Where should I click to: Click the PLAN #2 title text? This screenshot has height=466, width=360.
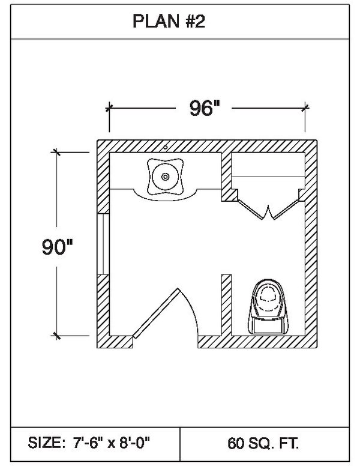[x=169, y=22]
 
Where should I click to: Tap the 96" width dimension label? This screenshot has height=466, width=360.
[x=205, y=108]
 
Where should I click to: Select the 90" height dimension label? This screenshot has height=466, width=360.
[x=58, y=247]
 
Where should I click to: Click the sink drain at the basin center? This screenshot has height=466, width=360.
[x=165, y=177]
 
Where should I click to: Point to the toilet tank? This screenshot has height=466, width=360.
[x=268, y=326]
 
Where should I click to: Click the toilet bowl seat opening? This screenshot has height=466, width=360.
[x=268, y=295]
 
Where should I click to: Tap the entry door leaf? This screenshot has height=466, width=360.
[x=156, y=313]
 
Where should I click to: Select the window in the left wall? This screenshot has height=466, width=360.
[x=103, y=244]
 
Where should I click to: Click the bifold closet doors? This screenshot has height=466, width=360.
[x=268, y=210]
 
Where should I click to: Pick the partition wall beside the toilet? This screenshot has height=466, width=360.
[x=226, y=305]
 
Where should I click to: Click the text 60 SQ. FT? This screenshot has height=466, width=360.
[x=263, y=443]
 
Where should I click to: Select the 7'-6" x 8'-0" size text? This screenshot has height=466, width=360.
[x=112, y=443]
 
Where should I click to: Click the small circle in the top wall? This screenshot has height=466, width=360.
[x=166, y=147]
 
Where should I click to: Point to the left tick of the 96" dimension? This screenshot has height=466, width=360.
[x=109, y=108]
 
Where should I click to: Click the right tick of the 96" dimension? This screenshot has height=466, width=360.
[x=305, y=107]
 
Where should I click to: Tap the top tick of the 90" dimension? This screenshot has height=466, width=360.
[x=56, y=152]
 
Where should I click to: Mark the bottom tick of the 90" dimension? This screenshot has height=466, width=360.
[x=56, y=336]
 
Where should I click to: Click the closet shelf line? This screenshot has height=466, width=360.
[x=268, y=177]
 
